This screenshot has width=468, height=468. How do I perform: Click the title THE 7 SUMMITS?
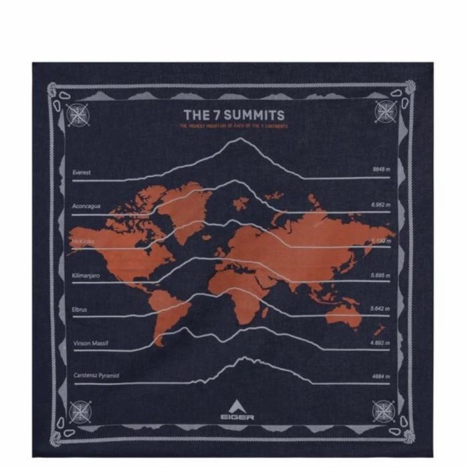[234, 114]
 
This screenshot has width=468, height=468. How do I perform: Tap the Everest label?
[82, 172]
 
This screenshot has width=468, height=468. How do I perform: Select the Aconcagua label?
[86, 206]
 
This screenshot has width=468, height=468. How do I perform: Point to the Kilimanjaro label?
[86, 275]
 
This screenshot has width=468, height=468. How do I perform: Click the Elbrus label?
[80, 310]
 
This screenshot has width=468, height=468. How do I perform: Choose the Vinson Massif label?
[90, 344]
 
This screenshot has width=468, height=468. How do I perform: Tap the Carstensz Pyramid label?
[96, 376]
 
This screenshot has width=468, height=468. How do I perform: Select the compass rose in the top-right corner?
[385, 110]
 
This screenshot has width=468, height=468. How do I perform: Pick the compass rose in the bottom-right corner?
[385, 409]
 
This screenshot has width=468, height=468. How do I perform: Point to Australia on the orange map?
[345, 313]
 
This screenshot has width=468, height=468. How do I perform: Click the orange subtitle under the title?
[234, 126]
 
